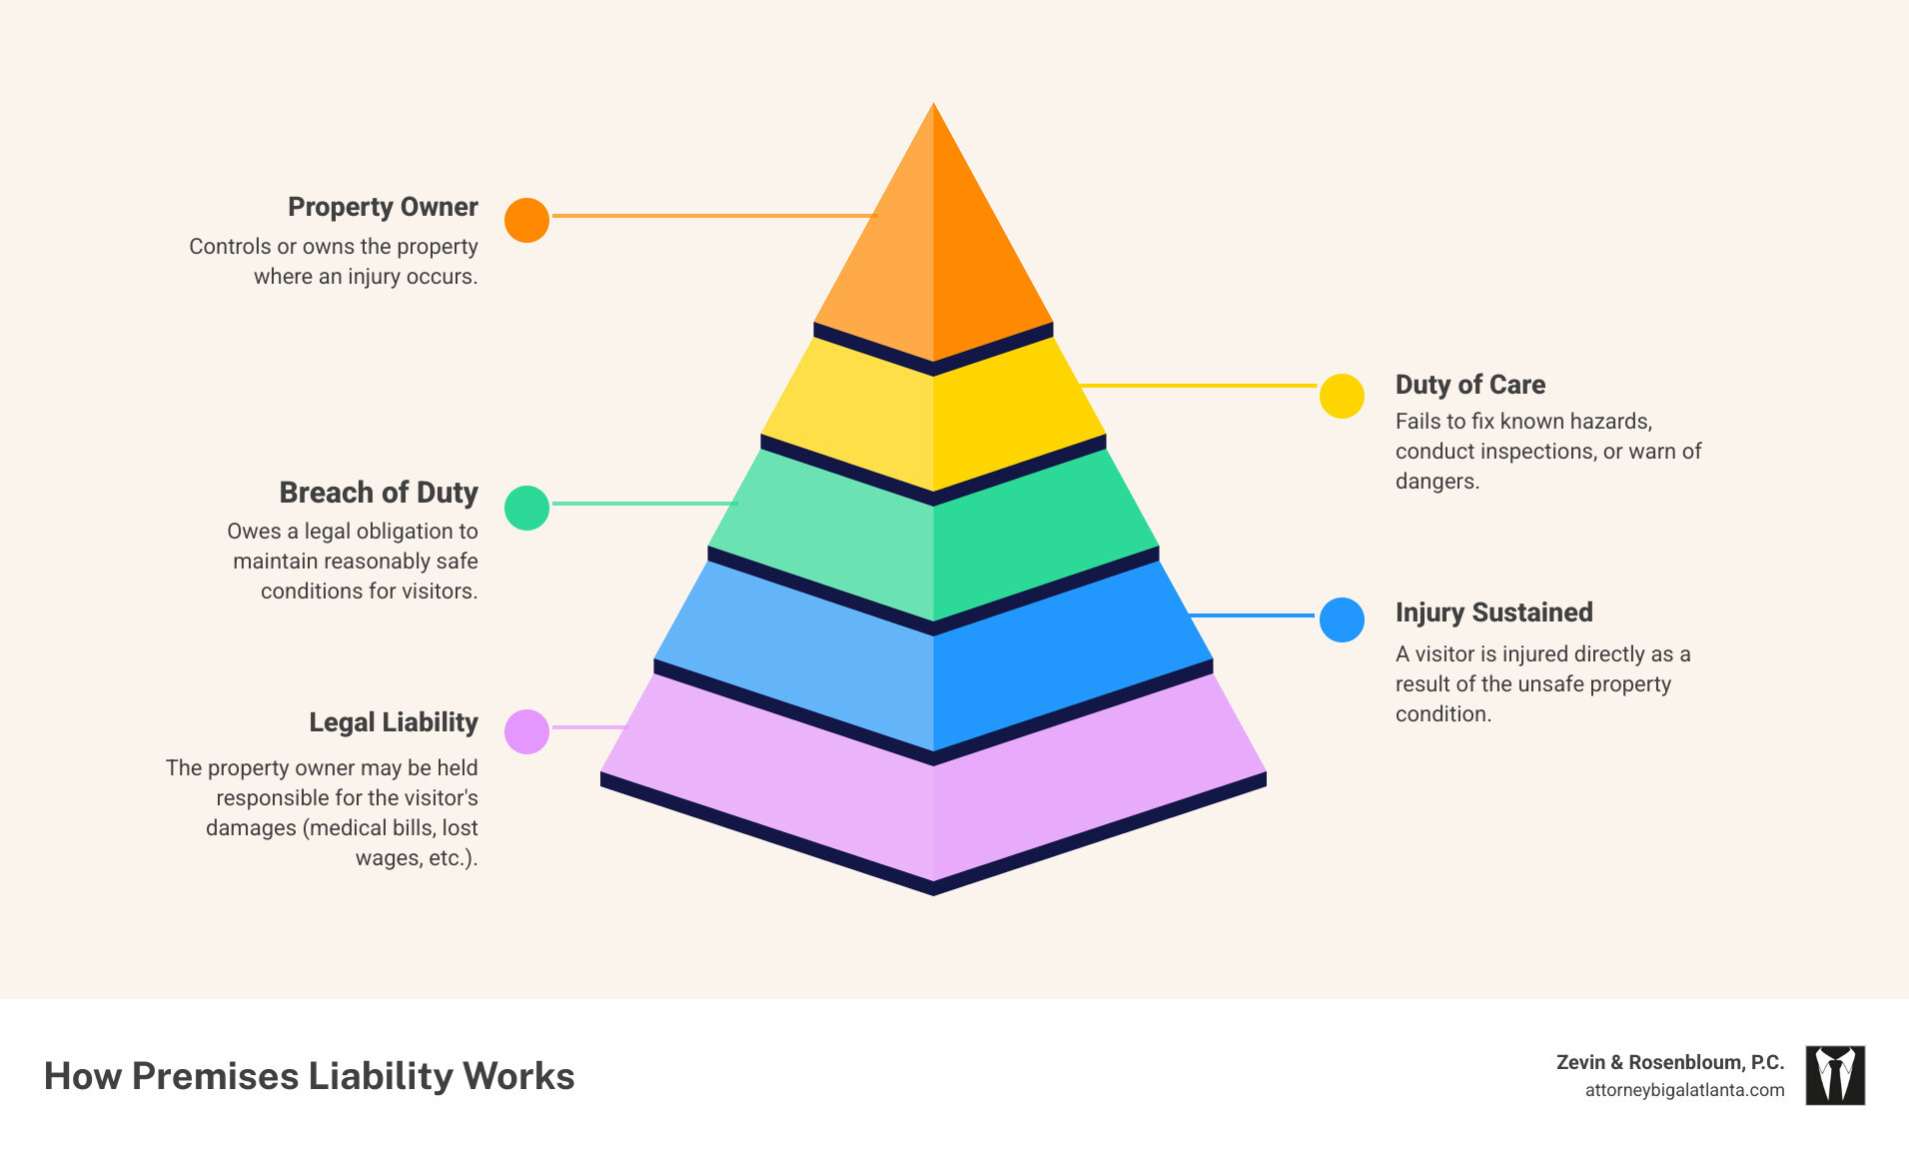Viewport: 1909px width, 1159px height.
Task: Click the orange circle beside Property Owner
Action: pos(526,220)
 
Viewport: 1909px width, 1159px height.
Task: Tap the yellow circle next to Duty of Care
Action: pos(1342,396)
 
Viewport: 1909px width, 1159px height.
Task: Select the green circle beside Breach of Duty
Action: pos(526,508)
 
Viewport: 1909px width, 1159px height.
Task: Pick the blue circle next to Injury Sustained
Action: pos(1342,619)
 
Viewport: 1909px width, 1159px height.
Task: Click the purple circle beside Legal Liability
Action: pos(526,731)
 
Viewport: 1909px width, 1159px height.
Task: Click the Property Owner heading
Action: pos(383,207)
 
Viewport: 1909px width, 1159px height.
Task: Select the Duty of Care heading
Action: pos(1469,385)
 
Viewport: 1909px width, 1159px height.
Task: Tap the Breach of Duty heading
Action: pos(379,493)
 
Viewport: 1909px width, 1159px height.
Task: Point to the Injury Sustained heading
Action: pos(1493,612)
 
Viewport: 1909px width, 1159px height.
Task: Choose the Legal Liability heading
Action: pos(393,722)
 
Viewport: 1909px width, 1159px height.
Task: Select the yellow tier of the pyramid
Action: pos(933,420)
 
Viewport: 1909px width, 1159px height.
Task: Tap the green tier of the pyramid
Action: pos(933,545)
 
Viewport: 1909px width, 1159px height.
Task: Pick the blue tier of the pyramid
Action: pos(933,679)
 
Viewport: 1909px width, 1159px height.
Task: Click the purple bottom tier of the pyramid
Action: pos(933,809)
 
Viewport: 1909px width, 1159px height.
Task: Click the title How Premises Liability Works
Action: pos(309,1076)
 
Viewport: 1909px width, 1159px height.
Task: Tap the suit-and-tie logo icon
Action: pos(1834,1075)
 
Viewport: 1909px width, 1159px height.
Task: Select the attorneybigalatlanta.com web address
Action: pos(1684,1090)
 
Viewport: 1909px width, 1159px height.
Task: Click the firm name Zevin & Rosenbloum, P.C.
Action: pos(1669,1062)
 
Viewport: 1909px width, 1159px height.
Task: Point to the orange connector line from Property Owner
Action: pos(713,216)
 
